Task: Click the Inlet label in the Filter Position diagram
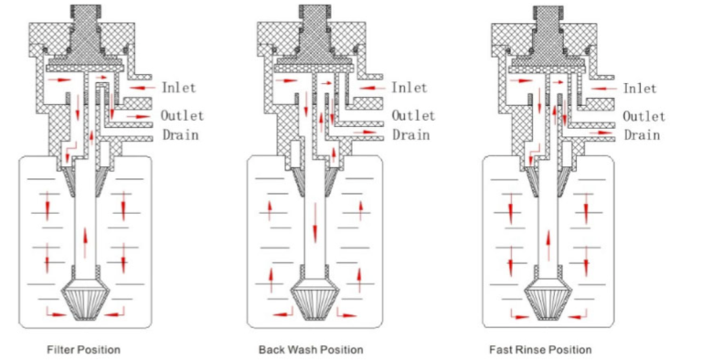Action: tap(178, 88)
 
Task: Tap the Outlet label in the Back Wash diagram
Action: tap(413, 115)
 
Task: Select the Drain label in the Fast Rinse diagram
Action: tap(642, 135)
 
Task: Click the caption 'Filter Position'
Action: tap(84, 350)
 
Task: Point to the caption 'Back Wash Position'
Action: tap(311, 350)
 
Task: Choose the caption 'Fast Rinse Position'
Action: tap(540, 350)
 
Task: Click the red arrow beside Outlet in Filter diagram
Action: tap(138, 117)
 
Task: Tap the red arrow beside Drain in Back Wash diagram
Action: tap(366, 132)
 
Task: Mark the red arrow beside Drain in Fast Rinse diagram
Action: tap(601, 132)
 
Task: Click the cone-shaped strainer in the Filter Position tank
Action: tap(86, 299)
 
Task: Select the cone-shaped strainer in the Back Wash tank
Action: tap(315, 299)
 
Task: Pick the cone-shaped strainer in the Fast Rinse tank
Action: tap(548, 299)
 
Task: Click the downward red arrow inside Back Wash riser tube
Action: tap(315, 223)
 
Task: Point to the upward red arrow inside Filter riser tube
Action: tap(85, 242)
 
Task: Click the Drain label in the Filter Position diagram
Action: tap(180, 135)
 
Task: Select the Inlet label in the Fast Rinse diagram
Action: tap(640, 89)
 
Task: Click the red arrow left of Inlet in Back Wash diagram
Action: tap(372, 89)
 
